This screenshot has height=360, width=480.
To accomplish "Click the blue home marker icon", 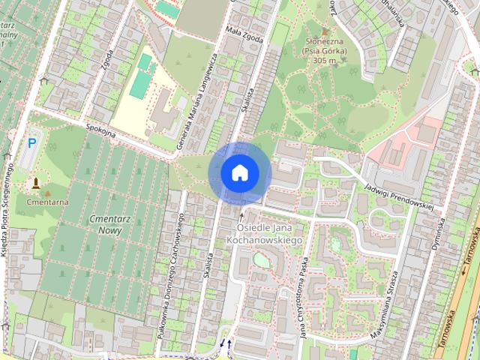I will point(239,172).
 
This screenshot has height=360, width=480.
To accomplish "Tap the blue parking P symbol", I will point(32,142).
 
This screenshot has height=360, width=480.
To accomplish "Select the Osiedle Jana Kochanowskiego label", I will point(268,232).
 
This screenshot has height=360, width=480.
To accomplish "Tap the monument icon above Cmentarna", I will point(36,183).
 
